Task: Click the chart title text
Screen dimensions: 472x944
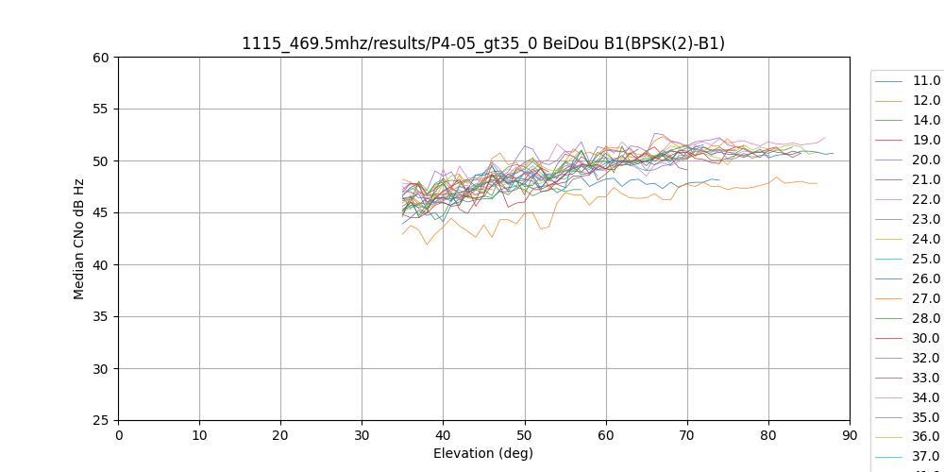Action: pos(483,43)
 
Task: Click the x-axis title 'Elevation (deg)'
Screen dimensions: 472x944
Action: pos(483,453)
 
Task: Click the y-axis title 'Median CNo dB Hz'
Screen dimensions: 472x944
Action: pos(79,239)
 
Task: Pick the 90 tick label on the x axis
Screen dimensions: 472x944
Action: pos(850,435)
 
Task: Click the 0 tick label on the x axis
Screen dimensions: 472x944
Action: pos(119,435)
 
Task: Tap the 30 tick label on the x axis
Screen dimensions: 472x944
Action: pos(362,435)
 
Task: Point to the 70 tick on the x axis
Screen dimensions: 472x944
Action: pos(687,435)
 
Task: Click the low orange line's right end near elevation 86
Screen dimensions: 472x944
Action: pos(817,183)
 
